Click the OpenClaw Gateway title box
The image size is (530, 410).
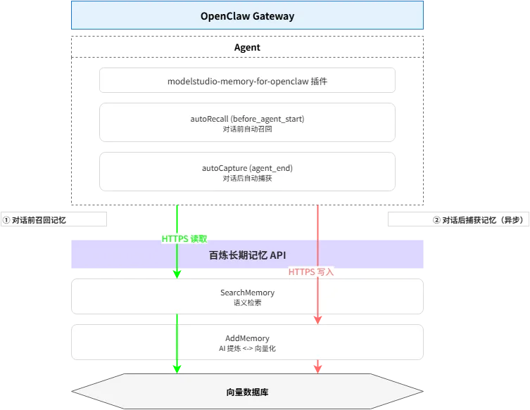point(247,15)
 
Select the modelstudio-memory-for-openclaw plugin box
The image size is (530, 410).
point(247,81)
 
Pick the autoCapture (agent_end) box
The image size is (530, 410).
point(247,172)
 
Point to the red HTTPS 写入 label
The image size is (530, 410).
point(311,271)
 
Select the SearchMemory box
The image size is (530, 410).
point(247,296)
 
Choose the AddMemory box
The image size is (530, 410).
point(247,342)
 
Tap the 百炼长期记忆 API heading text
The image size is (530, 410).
point(247,255)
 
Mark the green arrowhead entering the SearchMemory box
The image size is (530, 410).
point(177,273)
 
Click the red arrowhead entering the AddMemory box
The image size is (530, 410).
point(317,319)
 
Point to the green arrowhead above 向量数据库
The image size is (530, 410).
point(177,367)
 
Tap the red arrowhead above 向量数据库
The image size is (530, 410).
point(317,367)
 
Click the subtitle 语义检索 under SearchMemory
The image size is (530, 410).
point(247,302)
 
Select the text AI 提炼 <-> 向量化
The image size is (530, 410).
point(247,348)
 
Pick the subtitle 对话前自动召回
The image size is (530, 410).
point(247,129)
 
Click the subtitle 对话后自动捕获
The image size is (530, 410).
point(247,179)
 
